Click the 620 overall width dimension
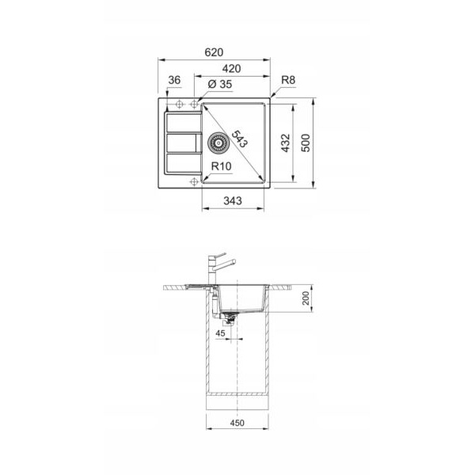(214, 52)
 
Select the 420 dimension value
(232, 69)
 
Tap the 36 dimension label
(174, 80)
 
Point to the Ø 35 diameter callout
(220, 84)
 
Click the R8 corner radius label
(288, 80)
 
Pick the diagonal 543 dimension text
(240, 139)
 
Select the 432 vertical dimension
(285, 143)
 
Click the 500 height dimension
(306, 143)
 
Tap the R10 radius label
(221, 166)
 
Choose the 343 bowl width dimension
(233, 200)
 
